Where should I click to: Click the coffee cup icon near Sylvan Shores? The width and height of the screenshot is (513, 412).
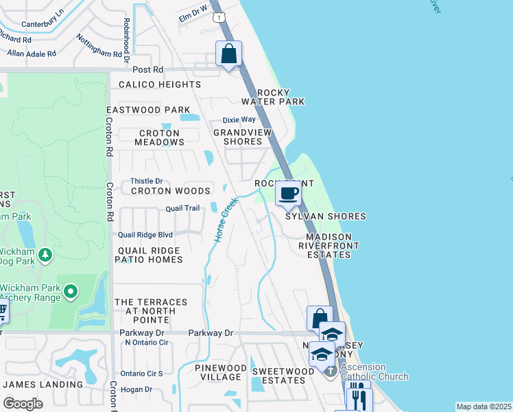tap(289, 194)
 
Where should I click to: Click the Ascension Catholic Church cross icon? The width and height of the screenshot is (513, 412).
tap(330, 371)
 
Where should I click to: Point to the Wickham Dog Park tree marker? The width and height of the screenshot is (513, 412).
tap(45, 255)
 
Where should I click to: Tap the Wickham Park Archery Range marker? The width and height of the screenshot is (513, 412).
tap(70, 293)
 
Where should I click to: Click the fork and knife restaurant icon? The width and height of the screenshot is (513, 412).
tap(359, 398)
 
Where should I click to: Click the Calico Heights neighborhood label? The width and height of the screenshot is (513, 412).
tap(160, 84)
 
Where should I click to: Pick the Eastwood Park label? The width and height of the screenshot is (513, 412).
tap(148, 110)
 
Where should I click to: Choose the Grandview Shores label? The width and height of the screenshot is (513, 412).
tap(242, 137)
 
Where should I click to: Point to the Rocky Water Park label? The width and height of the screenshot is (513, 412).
tap(280, 97)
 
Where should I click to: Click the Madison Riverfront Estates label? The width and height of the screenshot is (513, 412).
tap(328, 245)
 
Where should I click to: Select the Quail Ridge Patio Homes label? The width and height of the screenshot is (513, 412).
tap(149, 255)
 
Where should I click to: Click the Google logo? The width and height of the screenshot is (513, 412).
tap(23, 404)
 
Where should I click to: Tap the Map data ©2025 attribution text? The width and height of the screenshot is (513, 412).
tap(484, 407)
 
